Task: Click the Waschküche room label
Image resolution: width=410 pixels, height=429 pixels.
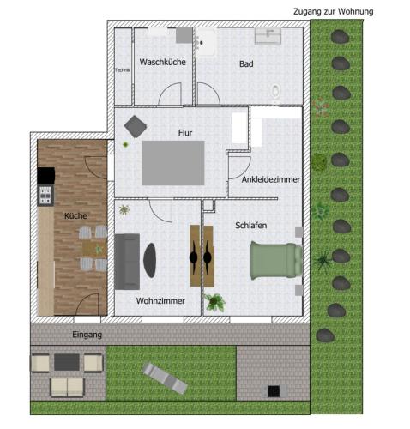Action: click(163, 62)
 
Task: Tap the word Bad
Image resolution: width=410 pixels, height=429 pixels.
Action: click(246, 63)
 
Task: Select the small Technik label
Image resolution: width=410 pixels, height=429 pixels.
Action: click(123, 70)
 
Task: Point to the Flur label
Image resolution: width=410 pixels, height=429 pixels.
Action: click(185, 133)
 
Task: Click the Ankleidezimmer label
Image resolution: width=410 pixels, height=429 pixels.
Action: click(271, 179)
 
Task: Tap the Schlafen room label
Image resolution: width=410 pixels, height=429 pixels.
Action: click(251, 226)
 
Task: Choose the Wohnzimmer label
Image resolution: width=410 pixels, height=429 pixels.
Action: click(160, 301)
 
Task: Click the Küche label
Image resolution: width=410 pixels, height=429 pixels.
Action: click(75, 215)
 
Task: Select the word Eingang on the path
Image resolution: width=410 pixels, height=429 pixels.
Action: click(87, 335)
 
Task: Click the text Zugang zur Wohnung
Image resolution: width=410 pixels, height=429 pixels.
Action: click(334, 12)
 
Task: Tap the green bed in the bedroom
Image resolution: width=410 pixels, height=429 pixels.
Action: click(276, 260)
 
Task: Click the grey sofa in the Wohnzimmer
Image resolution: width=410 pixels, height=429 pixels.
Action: click(127, 262)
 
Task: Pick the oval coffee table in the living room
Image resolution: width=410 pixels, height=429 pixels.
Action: click(150, 260)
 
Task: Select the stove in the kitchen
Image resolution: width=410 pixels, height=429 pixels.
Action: click(45, 195)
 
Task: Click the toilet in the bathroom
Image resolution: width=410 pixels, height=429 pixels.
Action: click(276, 92)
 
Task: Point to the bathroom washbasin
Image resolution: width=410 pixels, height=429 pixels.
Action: click(268, 36)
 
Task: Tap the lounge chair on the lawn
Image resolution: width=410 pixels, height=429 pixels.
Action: click(166, 378)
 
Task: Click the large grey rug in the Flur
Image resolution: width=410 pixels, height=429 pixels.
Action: click(173, 163)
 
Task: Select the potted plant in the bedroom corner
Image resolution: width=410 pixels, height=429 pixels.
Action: click(214, 302)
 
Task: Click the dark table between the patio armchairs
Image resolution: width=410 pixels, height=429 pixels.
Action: click(67, 362)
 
